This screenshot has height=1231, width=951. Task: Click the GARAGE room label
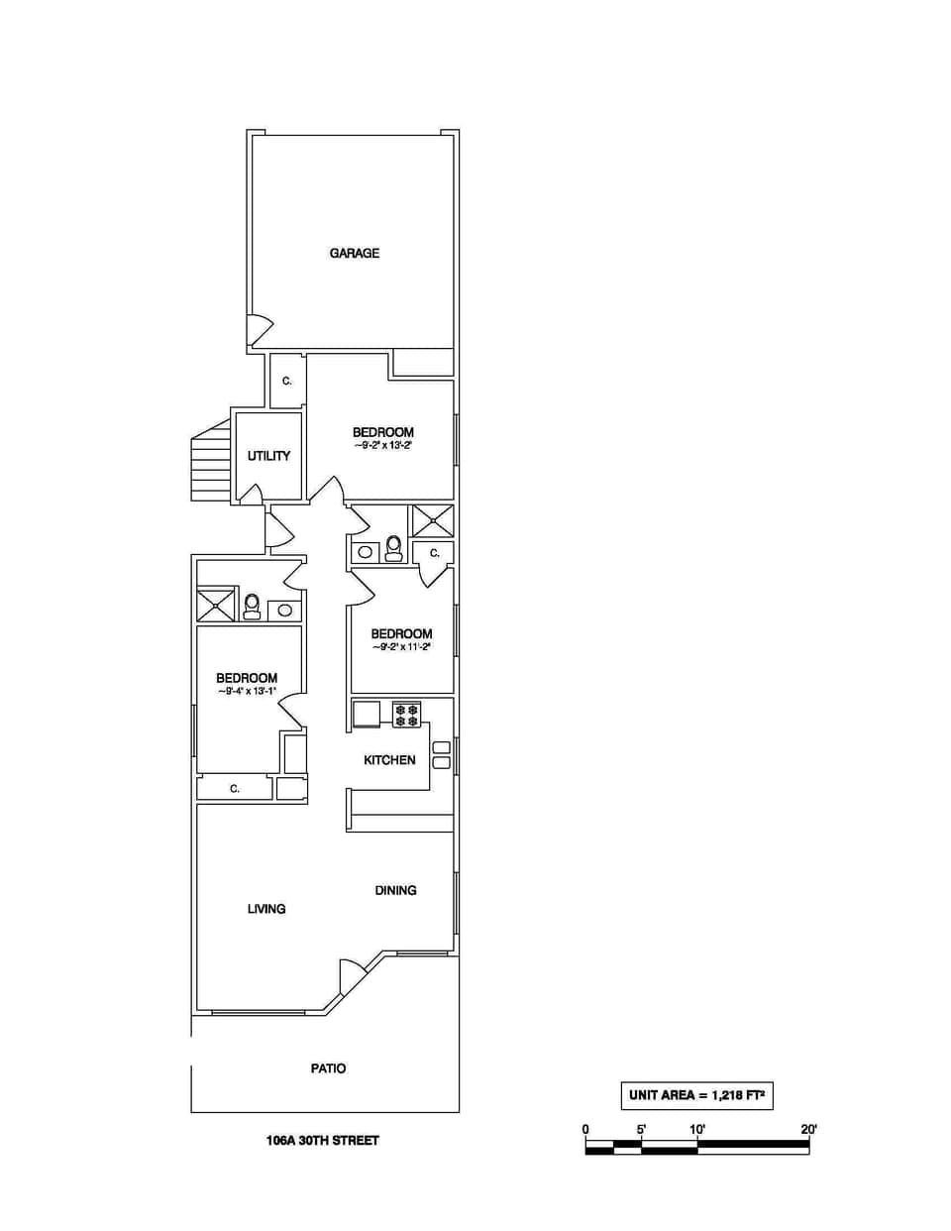click(x=354, y=253)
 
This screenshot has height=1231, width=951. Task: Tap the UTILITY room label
click(x=268, y=456)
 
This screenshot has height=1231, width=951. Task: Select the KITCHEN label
click(x=389, y=760)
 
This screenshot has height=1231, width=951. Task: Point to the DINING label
click(x=395, y=890)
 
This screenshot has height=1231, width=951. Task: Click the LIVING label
click(x=266, y=909)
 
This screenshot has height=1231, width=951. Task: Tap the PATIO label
click(x=328, y=1068)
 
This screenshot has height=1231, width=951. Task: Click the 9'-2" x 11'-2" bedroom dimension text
click(x=401, y=647)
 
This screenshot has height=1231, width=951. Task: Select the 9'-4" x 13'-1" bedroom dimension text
click(x=247, y=691)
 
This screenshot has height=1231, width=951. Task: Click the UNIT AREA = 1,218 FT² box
click(x=696, y=1095)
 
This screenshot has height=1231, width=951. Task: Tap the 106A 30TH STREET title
click(x=322, y=1140)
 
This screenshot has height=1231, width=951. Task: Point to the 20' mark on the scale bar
click(x=808, y=1129)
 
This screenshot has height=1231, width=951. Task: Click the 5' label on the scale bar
click(x=641, y=1129)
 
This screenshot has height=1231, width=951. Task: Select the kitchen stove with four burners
click(x=407, y=715)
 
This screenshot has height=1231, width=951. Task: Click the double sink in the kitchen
click(x=442, y=755)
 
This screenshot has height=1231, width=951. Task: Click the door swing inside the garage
click(x=260, y=330)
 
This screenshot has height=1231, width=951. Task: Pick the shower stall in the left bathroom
click(x=216, y=605)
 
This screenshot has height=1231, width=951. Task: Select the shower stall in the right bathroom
click(x=433, y=521)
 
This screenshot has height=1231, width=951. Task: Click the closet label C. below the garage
click(x=287, y=381)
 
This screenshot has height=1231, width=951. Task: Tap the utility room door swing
click(x=252, y=494)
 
